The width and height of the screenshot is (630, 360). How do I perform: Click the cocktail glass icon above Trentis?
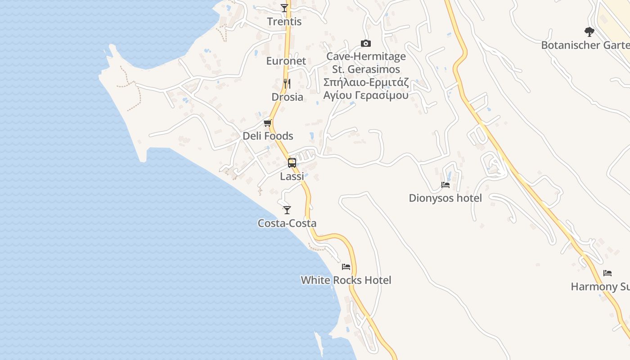[x=284, y=8]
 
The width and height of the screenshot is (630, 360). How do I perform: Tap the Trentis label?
[x=284, y=22]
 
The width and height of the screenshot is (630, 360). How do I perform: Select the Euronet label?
[x=286, y=61]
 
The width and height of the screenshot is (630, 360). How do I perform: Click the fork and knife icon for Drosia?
[x=287, y=83]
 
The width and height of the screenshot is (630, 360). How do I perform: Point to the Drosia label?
[x=287, y=97]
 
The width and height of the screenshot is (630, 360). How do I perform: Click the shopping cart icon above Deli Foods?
[x=268, y=123]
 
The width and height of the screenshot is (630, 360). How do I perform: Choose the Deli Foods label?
[x=268, y=136]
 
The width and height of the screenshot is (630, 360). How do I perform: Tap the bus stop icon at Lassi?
[x=292, y=163]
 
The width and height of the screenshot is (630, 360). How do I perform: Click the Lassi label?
[x=292, y=176]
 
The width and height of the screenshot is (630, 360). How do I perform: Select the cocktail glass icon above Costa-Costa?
[x=287, y=210]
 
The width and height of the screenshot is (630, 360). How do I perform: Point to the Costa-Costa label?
[x=287, y=223]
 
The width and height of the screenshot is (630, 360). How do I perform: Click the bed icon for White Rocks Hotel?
[x=346, y=267]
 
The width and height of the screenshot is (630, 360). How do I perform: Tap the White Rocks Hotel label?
[x=346, y=280]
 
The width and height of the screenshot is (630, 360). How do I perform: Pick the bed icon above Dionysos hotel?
[x=445, y=185]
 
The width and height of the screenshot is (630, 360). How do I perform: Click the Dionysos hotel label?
[x=445, y=198]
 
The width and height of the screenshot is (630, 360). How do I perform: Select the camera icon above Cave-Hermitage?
[x=366, y=43]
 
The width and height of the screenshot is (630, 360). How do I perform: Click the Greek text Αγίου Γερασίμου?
[x=366, y=95]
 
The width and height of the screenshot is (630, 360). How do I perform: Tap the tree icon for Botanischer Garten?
[x=589, y=31]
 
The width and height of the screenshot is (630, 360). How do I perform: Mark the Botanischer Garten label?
[x=585, y=45]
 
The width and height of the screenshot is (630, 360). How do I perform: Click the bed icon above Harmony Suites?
[x=607, y=273]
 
